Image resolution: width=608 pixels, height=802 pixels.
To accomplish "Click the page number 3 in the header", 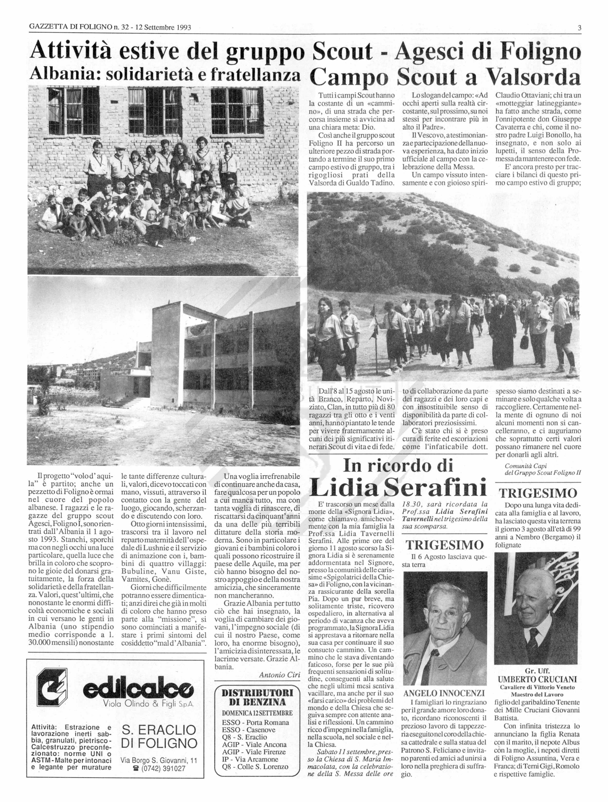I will click(x=579, y=28).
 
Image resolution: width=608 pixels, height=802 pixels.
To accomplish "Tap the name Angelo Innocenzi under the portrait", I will click(x=444, y=694).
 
